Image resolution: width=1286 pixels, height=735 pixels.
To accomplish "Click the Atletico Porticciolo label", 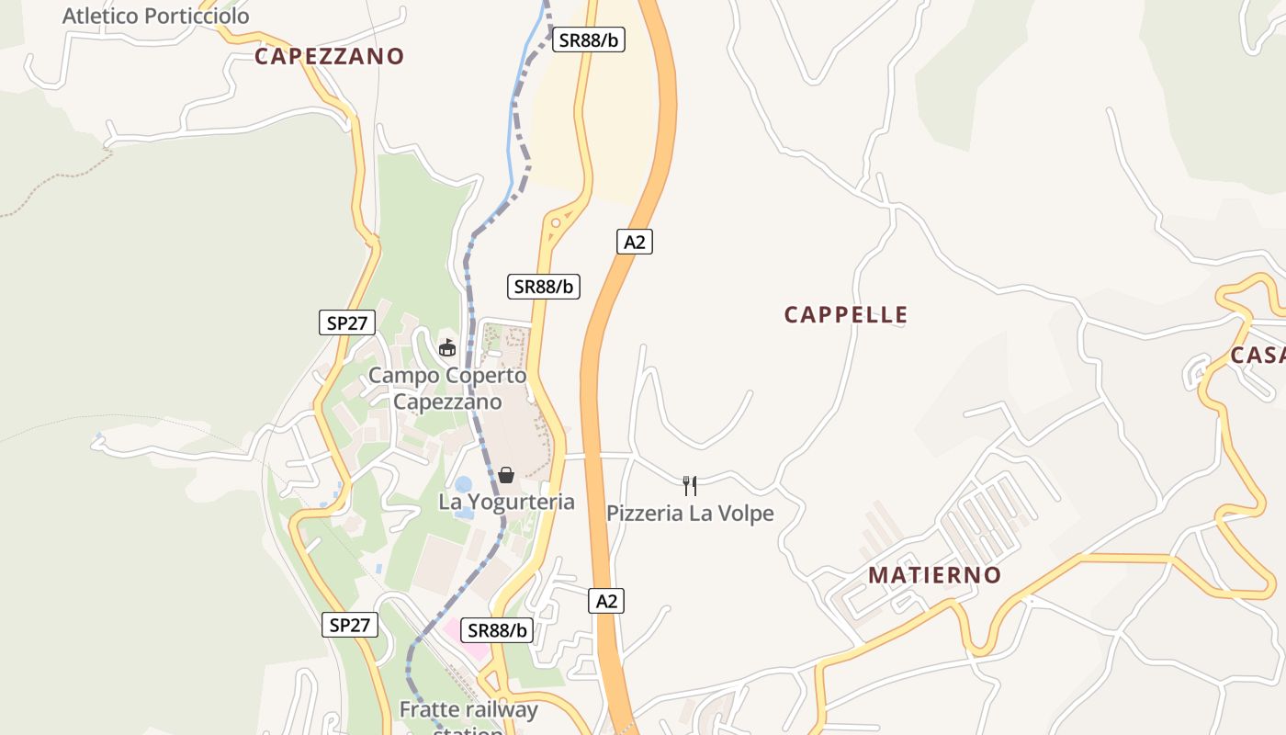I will pyautogui.click(x=156, y=16).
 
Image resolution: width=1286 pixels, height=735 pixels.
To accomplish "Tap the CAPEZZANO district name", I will pyautogui.click(x=329, y=56).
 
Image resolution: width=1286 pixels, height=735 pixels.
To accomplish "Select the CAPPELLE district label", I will pyautogui.click(x=846, y=315).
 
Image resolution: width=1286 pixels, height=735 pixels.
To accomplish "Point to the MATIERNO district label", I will pyautogui.click(x=935, y=575).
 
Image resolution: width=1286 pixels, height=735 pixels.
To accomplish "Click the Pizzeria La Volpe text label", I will pyautogui.click(x=690, y=513).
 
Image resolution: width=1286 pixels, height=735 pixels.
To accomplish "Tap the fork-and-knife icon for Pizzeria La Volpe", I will pyautogui.click(x=690, y=485).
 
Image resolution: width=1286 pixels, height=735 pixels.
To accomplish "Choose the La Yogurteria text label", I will pyautogui.click(x=506, y=502).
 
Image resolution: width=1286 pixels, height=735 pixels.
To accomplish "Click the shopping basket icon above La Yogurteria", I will pyautogui.click(x=506, y=474).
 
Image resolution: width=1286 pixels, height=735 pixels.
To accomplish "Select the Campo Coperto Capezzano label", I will pyautogui.click(x=447, y=389).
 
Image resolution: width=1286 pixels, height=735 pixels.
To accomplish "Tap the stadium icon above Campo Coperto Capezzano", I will pyautogui.click(x=447, y=347).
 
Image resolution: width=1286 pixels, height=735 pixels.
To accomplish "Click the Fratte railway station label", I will pyautogui.click(x=468, y=712).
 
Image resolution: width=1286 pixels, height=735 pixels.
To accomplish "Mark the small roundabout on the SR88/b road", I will pyautogui.click(x=556, y=221).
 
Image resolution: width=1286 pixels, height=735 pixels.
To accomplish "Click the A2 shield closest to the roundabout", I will pyautogui.click(x=634, y=242).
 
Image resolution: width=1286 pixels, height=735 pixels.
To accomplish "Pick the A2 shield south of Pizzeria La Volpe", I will pyautogui.click(x=606, y=601).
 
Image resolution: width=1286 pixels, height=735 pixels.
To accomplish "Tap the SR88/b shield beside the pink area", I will pyautogui.click(x=497, y=629).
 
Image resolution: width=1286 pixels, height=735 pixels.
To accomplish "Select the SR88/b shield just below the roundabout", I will pyautogui.click(x=544, y=286).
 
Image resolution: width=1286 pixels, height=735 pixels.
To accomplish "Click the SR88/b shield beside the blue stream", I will pyautogui.click(x=588, y=40).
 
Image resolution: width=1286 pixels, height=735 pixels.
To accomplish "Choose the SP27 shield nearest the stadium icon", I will pyautogui.click(x=346, y=322).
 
